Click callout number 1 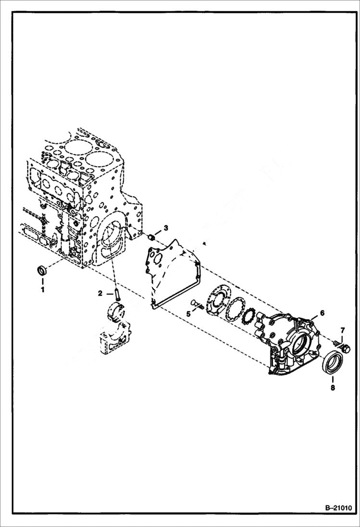[42, 290]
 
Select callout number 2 [100, 293]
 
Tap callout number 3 [166, 227]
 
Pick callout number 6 [322, 313]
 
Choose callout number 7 [342, 330]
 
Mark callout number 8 [333, 386]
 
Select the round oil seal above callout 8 [333, 362]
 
